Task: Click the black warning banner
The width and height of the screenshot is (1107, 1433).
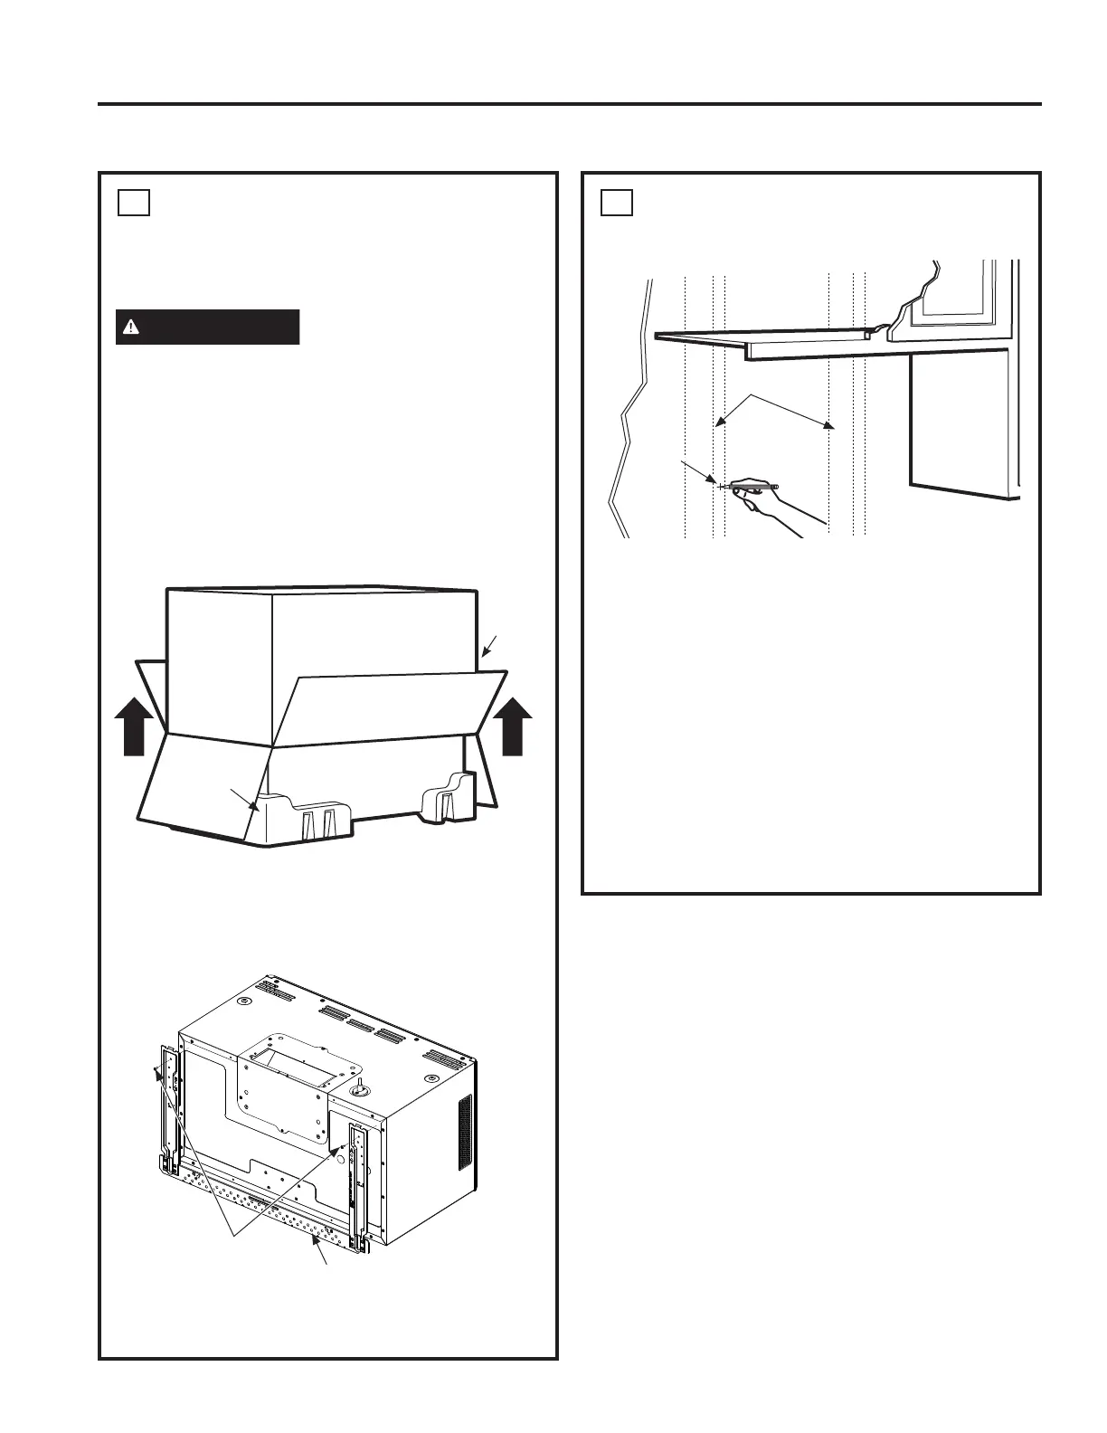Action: pos(207,327)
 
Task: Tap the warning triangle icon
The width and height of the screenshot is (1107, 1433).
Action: pos(131,327)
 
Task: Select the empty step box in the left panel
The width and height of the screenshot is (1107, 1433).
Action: pos(133,203)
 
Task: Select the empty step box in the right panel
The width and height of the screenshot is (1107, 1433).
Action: pos(616,203)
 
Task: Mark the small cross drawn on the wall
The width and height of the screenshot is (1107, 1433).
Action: pos(721,487)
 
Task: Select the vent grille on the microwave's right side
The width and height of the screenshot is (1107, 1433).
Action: pos(465,1131)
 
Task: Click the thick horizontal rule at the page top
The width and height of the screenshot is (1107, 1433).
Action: pos(570,104)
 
